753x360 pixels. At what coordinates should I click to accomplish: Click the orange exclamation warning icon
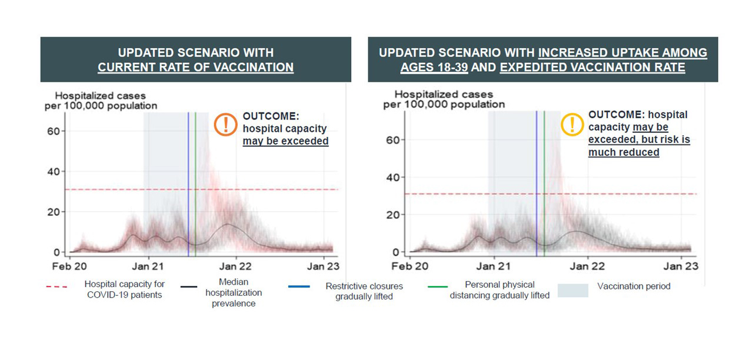click(225, 124)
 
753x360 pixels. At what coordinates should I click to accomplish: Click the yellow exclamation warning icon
click(572, 124)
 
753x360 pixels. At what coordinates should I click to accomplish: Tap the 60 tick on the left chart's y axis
click(54, 131)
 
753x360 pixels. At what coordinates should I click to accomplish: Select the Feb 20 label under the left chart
click(69, 266)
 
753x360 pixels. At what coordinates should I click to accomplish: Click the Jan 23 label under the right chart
click(681, 266)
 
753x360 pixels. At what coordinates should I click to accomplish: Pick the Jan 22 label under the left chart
click(235, 266)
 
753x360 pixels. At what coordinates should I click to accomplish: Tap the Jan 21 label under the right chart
click(493, 266)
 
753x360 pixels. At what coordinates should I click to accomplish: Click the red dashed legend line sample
click(57, 286)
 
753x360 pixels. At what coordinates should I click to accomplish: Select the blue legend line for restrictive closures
click(299, 286)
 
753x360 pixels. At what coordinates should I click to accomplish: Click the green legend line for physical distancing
click(438, 286)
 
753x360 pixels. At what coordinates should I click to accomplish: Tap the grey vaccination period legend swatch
click(573, 291)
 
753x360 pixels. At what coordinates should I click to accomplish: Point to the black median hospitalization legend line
click(189, 286)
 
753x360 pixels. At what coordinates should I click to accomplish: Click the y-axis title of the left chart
click(101, 101)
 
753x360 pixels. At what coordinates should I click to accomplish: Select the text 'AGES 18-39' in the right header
click(434, 67)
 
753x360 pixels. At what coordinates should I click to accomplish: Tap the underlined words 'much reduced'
click(624, 152)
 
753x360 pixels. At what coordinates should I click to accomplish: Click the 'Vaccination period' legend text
click(634, 286)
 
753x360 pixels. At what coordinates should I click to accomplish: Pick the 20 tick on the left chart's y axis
click(54, 212)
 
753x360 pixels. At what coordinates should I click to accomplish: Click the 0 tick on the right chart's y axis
click(396, 252)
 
